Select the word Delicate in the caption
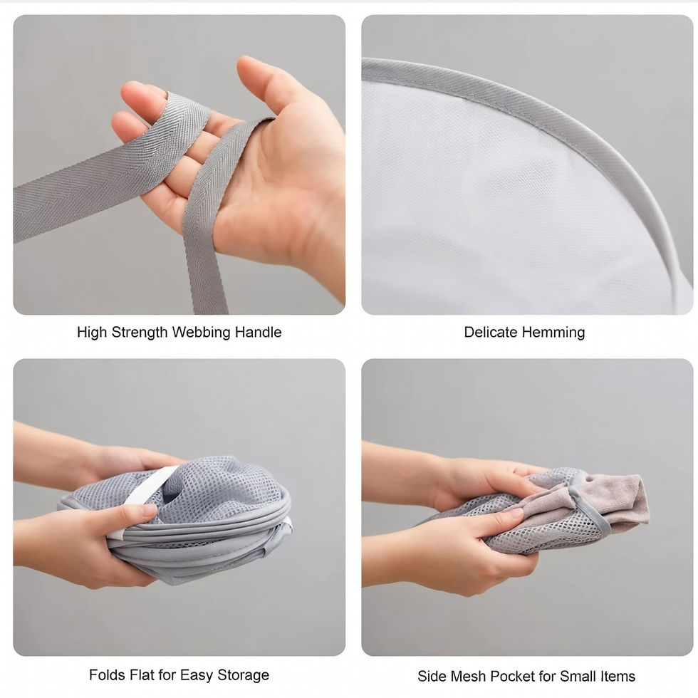coord(491,332)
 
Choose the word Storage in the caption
coord(243,675)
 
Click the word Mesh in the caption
coord(469,676)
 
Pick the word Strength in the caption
coord(140,332)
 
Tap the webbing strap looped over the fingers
coord(111,170)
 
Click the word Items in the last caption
coord(618,676)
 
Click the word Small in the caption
coord(578,676)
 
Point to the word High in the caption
coord(92,332)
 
